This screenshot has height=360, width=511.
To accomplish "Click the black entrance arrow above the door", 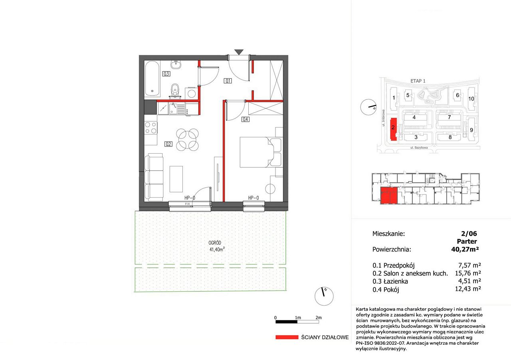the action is [x=239, y=52].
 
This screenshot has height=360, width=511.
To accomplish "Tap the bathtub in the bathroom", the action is [x=152, y=79].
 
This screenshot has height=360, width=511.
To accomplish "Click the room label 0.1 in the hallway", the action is [x=228, y=81].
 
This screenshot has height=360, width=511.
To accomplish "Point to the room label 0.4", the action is [x=245, y=119].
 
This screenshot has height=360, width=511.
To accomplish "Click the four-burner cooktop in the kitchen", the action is [x=151, y=128].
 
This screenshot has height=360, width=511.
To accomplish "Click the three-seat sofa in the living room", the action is [x=154, y=177].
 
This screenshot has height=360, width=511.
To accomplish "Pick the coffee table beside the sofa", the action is [x=176, y=179].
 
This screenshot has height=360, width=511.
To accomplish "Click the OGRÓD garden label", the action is [x=215, y=243].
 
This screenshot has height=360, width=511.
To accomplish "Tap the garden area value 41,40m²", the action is [x=217, y=249].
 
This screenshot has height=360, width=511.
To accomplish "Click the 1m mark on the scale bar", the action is [x=298, y=318].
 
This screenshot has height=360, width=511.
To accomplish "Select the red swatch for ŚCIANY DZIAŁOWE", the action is [x=287, y=337].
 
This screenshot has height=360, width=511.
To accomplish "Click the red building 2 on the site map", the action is [x=394, y=129].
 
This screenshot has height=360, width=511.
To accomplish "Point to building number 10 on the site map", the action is [x=471, y=99].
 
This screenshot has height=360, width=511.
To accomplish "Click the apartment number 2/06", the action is [x=469, y=233].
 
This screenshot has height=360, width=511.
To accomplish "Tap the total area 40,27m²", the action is [x=465, y=249].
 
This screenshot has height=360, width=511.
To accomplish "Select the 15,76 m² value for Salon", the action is [x=468, y=273].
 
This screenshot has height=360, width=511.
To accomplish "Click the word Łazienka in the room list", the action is [x=396, y=281].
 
